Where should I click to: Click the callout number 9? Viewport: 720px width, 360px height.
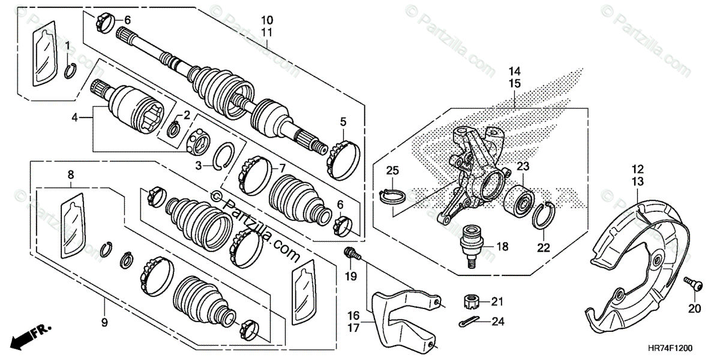pos(104,323)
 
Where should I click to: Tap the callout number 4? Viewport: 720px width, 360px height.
pos(75,118)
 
